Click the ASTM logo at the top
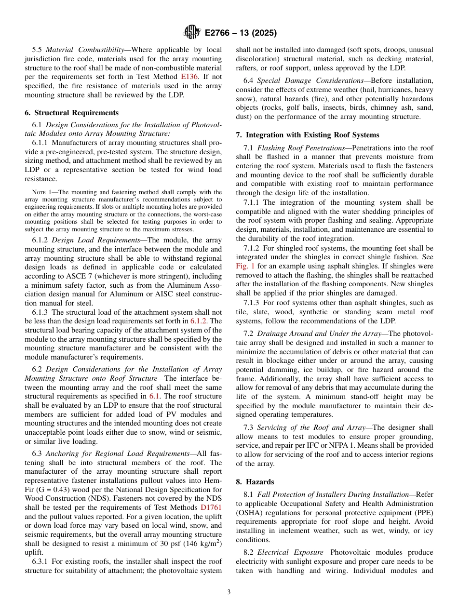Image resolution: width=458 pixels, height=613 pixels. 191,33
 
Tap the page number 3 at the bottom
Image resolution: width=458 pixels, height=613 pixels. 229,592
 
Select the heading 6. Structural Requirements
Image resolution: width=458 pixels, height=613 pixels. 71,113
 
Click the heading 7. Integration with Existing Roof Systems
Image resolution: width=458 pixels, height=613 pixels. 308,135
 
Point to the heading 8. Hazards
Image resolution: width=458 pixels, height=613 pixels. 255,482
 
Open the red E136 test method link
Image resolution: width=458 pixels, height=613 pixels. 189,77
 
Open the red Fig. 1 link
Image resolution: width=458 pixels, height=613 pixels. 245,266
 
